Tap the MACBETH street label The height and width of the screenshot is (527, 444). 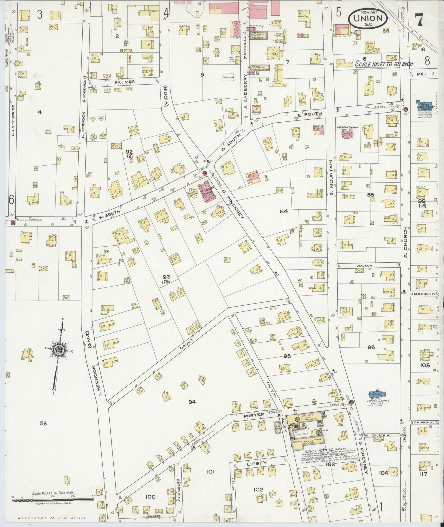[424, 294]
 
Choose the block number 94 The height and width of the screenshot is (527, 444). [192, 402]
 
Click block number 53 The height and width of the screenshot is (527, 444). [43, 423]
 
